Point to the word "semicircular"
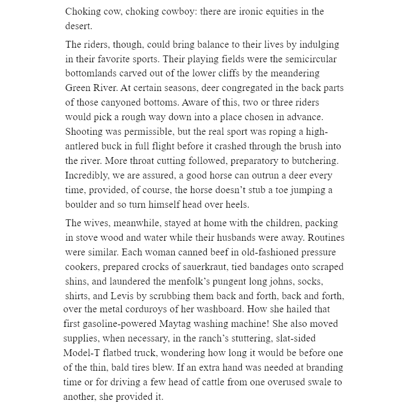click(x=309, y=59)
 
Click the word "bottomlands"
click(x=91, y=73)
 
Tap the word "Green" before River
click(x=78, y=88)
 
